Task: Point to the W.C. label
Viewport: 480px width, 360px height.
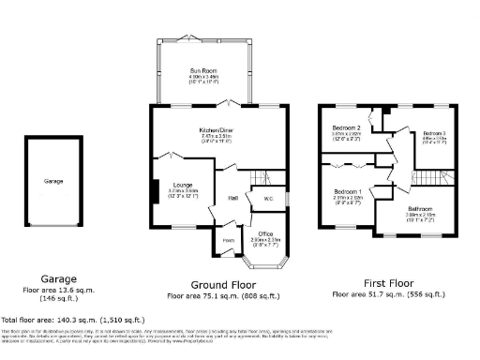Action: coord(268,198)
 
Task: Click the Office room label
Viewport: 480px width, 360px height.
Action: coord(266,233)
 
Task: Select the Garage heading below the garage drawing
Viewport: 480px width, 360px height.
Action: coord(52,278)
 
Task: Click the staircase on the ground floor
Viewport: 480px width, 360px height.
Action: coord(265,177)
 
